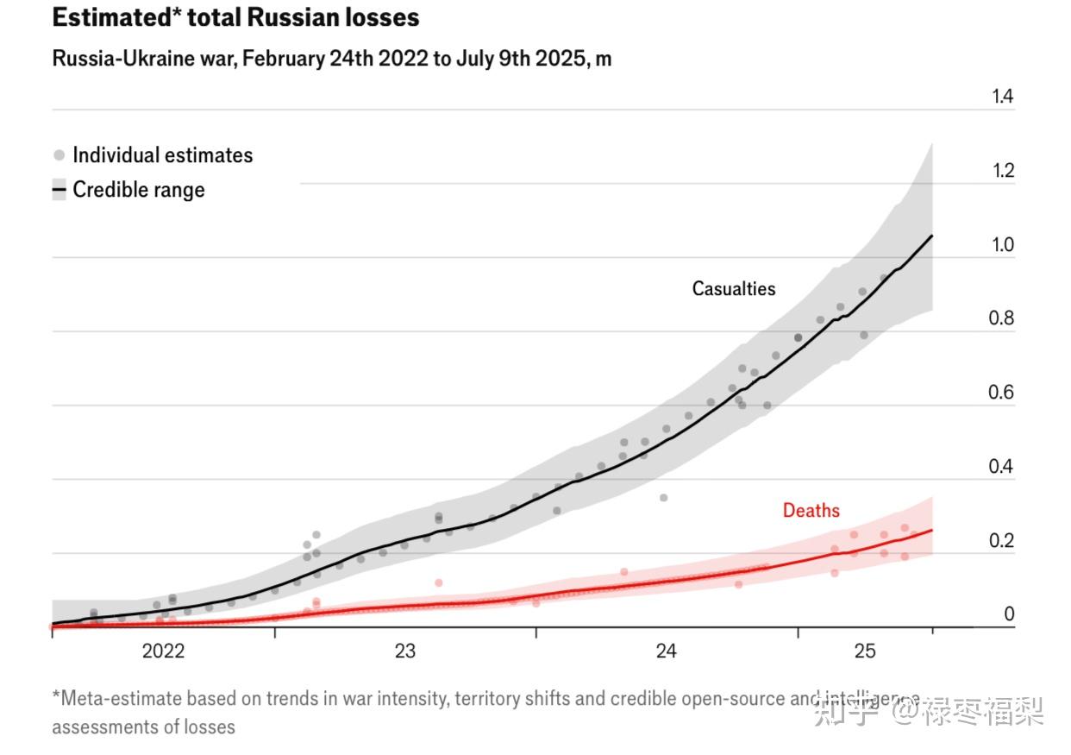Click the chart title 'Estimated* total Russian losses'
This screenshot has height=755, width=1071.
click(x=235, y=17)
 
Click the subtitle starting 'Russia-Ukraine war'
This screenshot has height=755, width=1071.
click(x=332, y=59)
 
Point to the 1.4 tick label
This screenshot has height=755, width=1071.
click(x=1002, y=97)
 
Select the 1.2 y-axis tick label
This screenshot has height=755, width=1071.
click(x=1002, y=171)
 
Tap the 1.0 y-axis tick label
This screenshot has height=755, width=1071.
click(x=1002, y=245)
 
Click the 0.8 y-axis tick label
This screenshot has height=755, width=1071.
click(x=1002, y=318)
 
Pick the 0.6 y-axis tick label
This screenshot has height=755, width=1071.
click(x=1002, y=393)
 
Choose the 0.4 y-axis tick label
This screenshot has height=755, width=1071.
click(x=1002, y=467)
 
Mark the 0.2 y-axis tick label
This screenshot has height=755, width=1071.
click(x=1002, y=541)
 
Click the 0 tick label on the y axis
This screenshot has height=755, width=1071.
click(x=1009, y=614)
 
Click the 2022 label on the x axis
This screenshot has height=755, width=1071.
click(x=163, y=651)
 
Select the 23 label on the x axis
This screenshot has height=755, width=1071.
click(x=405, y=651)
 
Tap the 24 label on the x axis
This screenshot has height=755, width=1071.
click(x=667, y=651)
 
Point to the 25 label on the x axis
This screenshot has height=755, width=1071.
click(x=865, y=651)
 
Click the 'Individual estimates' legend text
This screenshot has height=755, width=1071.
click(x=163, y=155)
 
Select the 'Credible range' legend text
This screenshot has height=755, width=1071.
click(x=139, y=190)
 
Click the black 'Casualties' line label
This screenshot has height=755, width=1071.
click(x=734, y=289)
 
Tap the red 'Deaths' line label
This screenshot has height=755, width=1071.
click(x=811, y=511)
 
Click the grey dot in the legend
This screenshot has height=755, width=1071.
click(x=59, y=155)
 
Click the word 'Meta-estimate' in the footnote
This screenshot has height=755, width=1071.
click(x=117, y=698)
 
